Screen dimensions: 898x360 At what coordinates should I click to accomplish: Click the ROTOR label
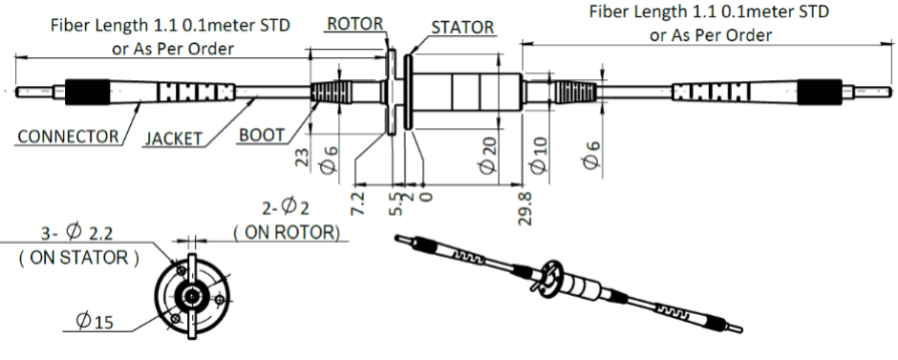click(x=355, y=24)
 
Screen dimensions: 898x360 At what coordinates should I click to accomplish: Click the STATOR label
click(x=462, y=28)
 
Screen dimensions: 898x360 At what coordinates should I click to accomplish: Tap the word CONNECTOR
click(x=68, y=137)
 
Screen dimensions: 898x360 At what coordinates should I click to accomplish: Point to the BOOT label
click(x=262, y=135)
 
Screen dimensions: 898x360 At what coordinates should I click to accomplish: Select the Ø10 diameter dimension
click(x=539, y=155)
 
